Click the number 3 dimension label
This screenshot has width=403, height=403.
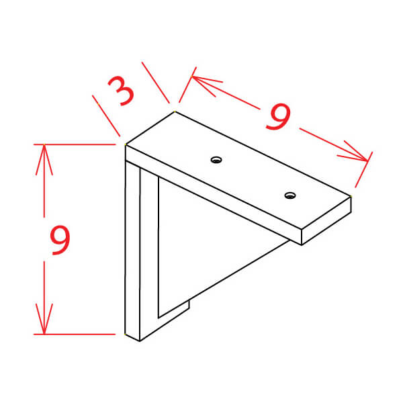pyautogui.click(x=122, y=91)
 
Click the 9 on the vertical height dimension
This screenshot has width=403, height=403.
pyautogui.click(x=60, y=240)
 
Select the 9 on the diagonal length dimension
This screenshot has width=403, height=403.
pyautogui.click(x=278, y=116)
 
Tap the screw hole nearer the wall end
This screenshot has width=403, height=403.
pyautogui.click(x=216, y=160)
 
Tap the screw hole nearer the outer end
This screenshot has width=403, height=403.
pyautogui.click(x=290, y=195)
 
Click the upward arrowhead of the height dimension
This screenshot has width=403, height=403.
pyautogui.click(x=44, y=159)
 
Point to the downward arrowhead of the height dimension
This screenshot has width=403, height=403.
pyautogui.click(x=44, y=319)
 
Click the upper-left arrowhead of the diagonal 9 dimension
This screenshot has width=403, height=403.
pyautogui.click(x=206, y=85)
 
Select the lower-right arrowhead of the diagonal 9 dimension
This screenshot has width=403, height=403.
pyautogui.click(x=353, y=152)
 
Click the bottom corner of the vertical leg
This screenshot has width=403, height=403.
pyautogui.click(x=140, y=341)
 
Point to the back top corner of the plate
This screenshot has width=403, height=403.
pyautogui.click(x=175, y=111)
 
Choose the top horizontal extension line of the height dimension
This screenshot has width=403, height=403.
pyautogui.click(x=75, y=144)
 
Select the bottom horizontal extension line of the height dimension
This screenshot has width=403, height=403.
pyautogui.click(x=75, y=334)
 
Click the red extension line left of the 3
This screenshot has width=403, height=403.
pyautogui.click(x=106, y=116)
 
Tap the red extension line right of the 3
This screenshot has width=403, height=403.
pyautogui.click(x=156, y=83)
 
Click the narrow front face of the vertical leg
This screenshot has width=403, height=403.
pyautogui.click(x=132, y=251)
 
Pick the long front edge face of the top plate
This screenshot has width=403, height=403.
pyautogui.click(x=214, y=195)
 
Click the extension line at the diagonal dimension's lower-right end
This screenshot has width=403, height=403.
pyautogui.click(x=363, y=170)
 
